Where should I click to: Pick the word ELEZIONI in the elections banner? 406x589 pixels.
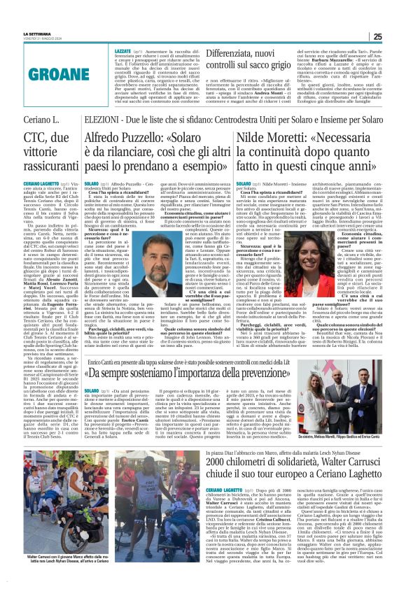[x=101, y=120]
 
